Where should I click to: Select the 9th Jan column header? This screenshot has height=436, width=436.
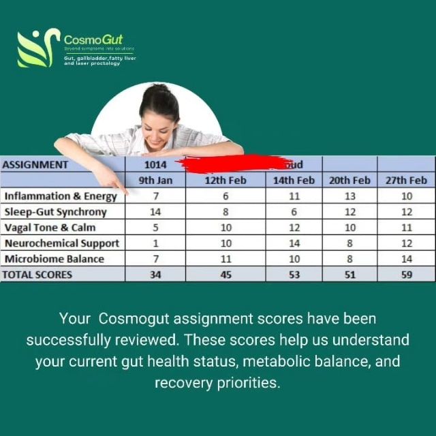point(155,181)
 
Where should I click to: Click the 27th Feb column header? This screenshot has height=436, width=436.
point(406,181)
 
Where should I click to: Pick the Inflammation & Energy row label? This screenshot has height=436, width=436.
point(61,196)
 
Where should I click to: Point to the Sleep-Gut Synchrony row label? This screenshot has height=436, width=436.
point(56,212)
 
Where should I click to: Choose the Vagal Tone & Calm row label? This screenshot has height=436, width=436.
point(50,228)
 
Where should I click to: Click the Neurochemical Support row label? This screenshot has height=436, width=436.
point(62,243)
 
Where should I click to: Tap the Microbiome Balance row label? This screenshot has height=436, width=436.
point(54,259)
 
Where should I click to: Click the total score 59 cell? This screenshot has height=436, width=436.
point(406,275)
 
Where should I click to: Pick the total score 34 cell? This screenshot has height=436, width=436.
point(155,275)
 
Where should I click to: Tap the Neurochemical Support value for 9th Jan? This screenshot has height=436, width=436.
point(155,243)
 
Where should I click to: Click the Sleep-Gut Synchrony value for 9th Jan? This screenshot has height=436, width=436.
point(155,212)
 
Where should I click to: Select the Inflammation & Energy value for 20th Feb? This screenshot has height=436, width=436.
point(349,196)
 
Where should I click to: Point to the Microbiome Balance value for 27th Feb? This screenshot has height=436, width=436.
point(406,259)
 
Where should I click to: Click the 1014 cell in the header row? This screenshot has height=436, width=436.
point(155,164)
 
